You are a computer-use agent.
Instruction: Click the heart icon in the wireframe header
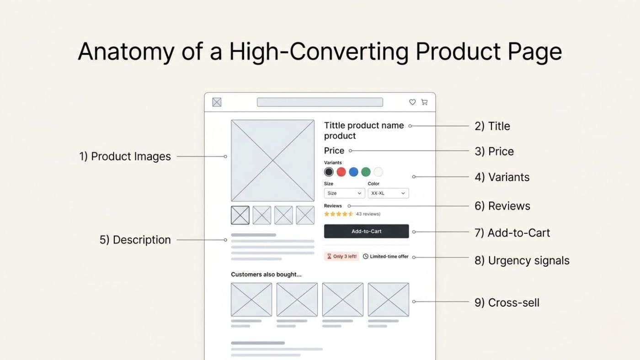pos(412,102)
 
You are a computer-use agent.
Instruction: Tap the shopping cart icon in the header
pos(424,102)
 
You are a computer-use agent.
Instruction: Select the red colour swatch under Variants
pos(341,172)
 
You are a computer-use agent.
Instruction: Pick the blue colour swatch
pos(353,172)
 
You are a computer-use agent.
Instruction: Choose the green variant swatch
pos(366,172)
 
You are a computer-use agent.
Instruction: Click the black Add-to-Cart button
pos(366,231)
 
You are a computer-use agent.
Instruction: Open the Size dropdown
pos(344,193)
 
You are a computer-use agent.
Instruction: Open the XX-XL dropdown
pos(388,193)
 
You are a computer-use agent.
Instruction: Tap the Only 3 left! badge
pos(341,256)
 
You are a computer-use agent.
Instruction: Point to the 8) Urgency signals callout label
pos(522,261)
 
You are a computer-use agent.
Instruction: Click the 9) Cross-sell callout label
pos(507,302)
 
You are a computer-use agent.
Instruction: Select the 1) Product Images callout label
pos(125,156)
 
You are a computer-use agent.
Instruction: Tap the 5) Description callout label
pos(135,240)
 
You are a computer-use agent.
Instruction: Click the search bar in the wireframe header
pos(320,102)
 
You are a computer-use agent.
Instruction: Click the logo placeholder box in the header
pos(217,102)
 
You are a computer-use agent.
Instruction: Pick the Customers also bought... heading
pos(266,275)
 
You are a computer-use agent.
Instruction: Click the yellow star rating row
pos(339,214)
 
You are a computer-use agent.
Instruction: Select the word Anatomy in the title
pos(126,52)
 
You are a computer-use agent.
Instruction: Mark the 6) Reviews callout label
pos(502,206)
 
